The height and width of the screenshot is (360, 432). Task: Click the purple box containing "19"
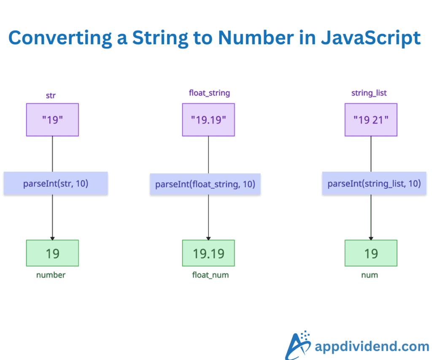[52, 119]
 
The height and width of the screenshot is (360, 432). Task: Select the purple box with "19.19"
[208, 119]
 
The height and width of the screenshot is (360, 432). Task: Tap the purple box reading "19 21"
[371, 119]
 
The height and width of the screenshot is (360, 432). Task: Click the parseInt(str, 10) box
[56, 184]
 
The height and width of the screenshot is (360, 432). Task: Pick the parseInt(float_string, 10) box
[205, 184]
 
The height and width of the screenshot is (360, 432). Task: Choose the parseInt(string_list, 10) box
[374, 184]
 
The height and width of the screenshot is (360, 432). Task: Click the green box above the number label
[52, 253]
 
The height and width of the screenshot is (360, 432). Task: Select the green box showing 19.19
[208, 253]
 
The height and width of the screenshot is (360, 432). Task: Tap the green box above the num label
[371, 253]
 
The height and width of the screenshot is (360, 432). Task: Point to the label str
[51, 95]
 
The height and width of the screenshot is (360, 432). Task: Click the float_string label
[209, 93]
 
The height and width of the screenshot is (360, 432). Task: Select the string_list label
[369, 93]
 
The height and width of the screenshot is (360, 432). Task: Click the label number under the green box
[51, 275]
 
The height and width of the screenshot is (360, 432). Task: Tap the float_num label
[210, 275]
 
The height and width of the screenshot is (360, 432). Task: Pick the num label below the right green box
[370, 275]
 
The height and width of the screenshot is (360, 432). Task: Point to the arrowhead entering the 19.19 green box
[208, 238]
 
